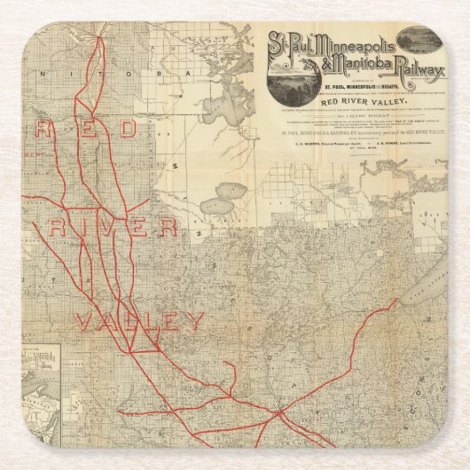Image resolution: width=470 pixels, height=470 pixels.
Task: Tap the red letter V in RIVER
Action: click(x=98, y=227)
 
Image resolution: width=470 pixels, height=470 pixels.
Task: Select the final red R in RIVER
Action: click(x=165, y=227)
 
